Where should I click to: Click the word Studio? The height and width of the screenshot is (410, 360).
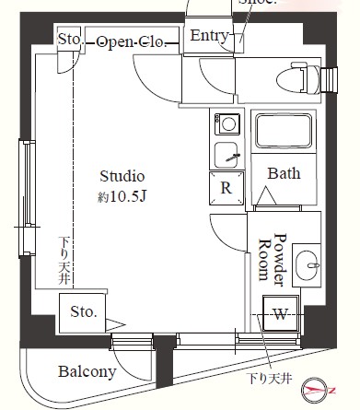coord(122,177)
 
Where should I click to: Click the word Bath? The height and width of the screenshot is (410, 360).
coord(284,173)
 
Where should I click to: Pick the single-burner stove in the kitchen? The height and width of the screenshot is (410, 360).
coord(226,122)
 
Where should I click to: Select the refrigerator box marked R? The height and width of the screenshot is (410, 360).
coord(226,188)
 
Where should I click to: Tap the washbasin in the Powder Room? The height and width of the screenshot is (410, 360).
coord(309,266)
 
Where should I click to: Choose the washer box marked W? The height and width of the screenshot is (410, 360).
coord(280,314)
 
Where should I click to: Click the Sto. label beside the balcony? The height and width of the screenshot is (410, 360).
coord(83,312)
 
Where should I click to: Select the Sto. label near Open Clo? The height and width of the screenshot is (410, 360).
coord(70,41)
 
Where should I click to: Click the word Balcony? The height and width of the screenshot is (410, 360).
coord(87,372)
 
